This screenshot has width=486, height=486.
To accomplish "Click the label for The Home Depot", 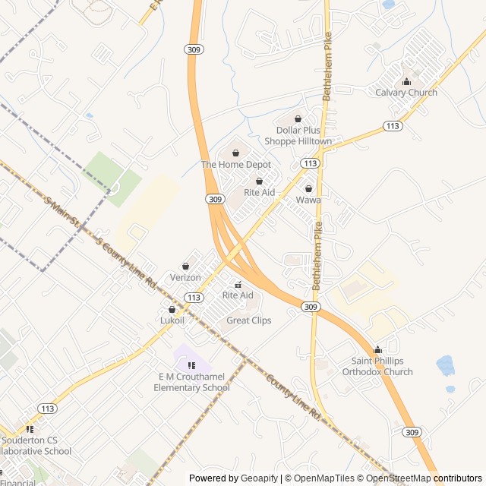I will click(x=235, y=164).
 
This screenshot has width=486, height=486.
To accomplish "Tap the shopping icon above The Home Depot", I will click(x=235, y=153).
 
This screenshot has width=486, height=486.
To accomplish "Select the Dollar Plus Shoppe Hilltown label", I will click(x=298, y=136).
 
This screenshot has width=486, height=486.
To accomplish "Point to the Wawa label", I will click(x=308, y=200).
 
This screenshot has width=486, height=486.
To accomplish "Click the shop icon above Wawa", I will click(x=308, y=188).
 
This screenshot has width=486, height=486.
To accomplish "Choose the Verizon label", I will click(x=185, y=278).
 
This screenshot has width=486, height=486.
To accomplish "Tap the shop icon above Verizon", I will click(x=185, y=267).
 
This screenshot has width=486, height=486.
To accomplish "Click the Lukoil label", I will click(x=172, y=320).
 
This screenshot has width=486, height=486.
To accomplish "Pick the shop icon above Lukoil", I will click(x=172, y=310).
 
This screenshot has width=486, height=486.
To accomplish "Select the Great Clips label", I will click(x=249, y=320).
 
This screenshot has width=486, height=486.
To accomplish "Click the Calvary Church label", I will click(x=406, y=93).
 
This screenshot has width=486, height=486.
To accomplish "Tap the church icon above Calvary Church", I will click(x=406, y=82).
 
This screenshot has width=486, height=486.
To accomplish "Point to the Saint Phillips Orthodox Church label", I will click(x=377, y=366).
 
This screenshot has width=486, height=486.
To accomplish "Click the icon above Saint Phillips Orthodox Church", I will click(x=377, y=350).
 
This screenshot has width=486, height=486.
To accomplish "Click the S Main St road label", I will click(x=63, y=215).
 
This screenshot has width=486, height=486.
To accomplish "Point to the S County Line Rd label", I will click(x=126, y=262).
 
